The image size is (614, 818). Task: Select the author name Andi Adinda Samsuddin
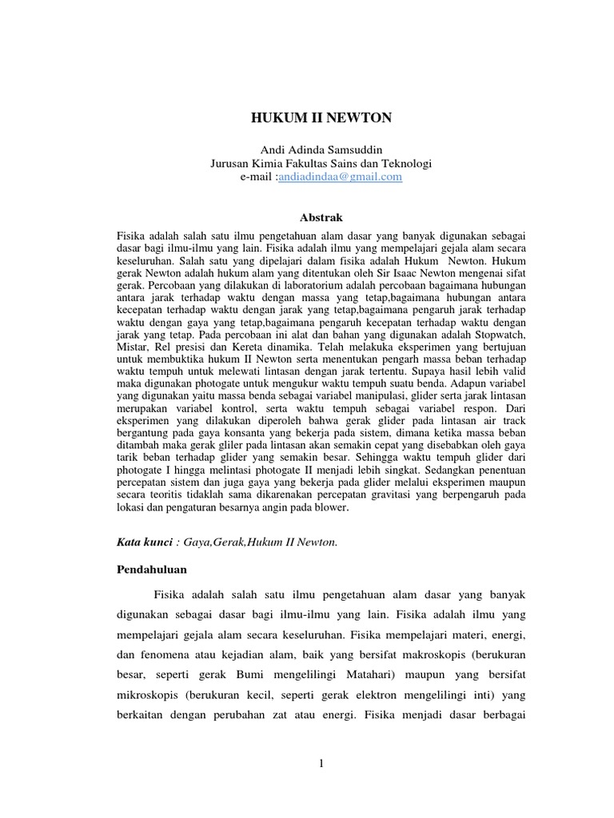tap(321, 150)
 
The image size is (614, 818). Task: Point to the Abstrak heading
tap(321, 216)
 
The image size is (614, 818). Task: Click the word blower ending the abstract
tap(328, 506)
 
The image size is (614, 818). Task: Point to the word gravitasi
tap(411, 495)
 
